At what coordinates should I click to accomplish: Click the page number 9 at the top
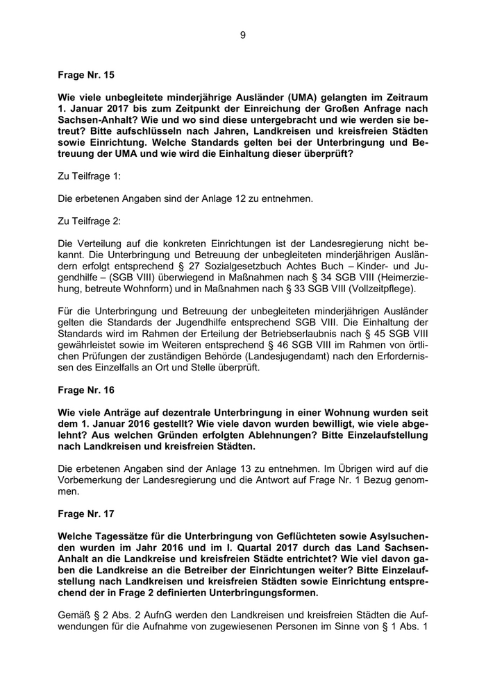tap(243, 35)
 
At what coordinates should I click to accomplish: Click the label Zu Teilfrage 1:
tap(89, 177)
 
